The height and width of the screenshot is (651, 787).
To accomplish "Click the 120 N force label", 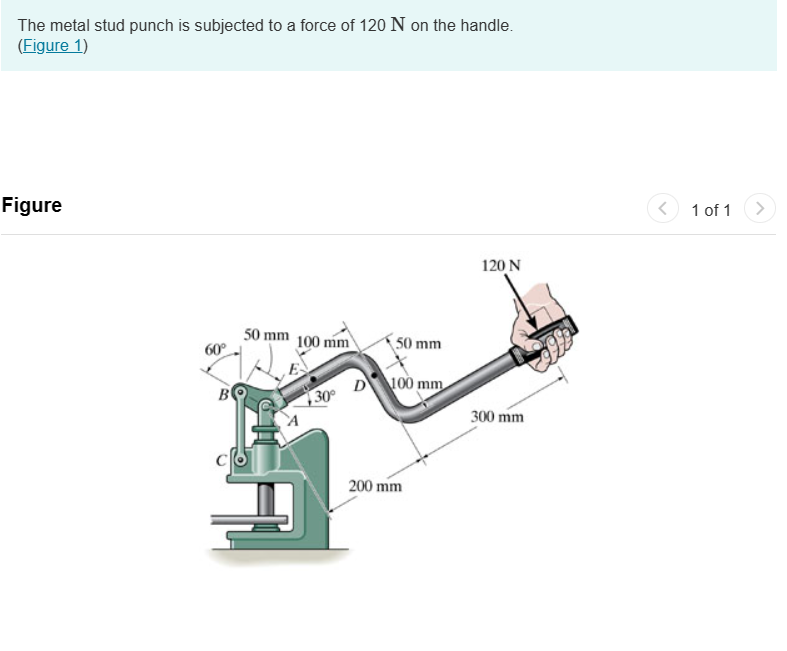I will pyautogui.click(x=501, y=266).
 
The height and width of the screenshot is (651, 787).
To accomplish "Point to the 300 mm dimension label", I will pyautogui.click(x=497, y=416).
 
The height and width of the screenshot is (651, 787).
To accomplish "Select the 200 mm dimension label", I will pyautogui.click(x=375, y=486).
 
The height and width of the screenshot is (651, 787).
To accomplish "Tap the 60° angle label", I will pyautogui.click(x=216, y=350).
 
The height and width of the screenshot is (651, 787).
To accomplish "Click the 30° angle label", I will pyautogui.click(x=326, y=397).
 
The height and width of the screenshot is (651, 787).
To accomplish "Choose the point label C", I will pyautogui.click(x=222, y=460).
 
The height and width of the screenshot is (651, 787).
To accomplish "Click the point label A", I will pyautogui.click(x=293, y=421).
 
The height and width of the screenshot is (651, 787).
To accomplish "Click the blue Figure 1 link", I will pyautogui.click(x=53, y=45).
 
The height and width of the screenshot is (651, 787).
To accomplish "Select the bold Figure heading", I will pyautogui.click(x=32, y=206).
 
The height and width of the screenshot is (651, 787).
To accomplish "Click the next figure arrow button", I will pyautogui.click(x=760, y=209).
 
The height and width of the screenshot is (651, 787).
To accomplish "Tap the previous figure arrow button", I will pyautogui.click(x=662, y=209).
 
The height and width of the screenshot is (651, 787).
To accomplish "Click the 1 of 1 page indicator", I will pyautogui.click(x=711, y=210).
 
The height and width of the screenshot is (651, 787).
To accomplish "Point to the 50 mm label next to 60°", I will pyautogui.click(x=266, y=334).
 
